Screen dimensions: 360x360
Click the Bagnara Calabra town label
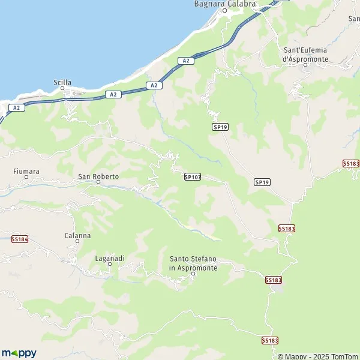tap(225, 4)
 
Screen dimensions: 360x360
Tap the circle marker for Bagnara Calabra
tap(225, 11)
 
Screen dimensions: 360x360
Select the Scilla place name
tap(62, 83)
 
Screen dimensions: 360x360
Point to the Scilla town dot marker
tap(62, 89)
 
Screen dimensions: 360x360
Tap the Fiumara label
tap(26, 171)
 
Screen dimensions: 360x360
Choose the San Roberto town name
tap(98, 177)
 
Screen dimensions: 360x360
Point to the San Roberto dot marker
tap(98, 183)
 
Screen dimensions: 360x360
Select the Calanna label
tap(77, 235)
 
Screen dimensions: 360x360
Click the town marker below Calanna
tap(77, 241)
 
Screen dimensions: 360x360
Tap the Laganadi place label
tap(110, 258)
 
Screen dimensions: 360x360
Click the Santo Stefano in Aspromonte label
tap(193, 263)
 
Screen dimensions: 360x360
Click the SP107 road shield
tap(192, 176)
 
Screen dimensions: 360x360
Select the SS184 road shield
tap(19, 239)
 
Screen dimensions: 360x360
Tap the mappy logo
tap(19, 353)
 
